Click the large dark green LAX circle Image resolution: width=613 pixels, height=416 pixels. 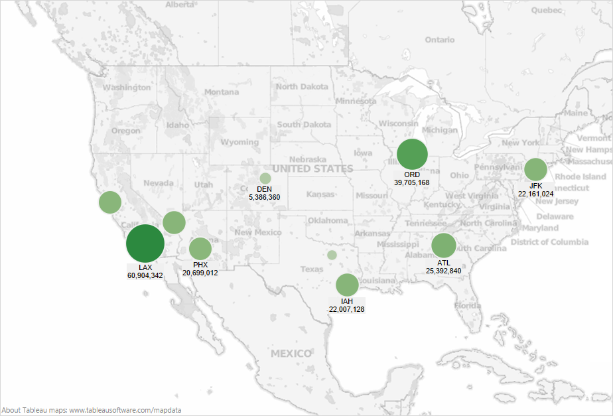145,244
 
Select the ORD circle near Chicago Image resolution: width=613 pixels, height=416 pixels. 412,155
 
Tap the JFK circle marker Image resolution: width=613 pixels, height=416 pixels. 535,169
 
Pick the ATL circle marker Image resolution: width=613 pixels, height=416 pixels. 444,245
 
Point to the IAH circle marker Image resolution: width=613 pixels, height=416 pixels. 346,285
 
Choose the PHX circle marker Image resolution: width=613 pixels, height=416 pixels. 200,249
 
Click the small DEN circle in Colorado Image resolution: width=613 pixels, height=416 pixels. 265,178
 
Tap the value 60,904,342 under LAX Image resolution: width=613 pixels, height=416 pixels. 145,275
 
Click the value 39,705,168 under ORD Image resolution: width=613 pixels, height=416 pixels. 412,182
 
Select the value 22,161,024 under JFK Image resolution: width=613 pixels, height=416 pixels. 536,194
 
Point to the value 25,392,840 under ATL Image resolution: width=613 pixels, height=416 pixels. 444,271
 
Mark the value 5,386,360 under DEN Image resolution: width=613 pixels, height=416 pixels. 265,197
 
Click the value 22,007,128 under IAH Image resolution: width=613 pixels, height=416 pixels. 346,309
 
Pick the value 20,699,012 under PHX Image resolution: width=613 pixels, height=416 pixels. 200,273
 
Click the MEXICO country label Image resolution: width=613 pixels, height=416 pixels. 291,354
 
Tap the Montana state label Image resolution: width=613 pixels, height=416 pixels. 221,92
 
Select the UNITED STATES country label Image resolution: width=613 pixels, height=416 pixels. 312,169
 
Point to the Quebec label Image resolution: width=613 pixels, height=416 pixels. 546,10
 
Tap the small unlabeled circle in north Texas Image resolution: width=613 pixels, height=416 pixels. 332,255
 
